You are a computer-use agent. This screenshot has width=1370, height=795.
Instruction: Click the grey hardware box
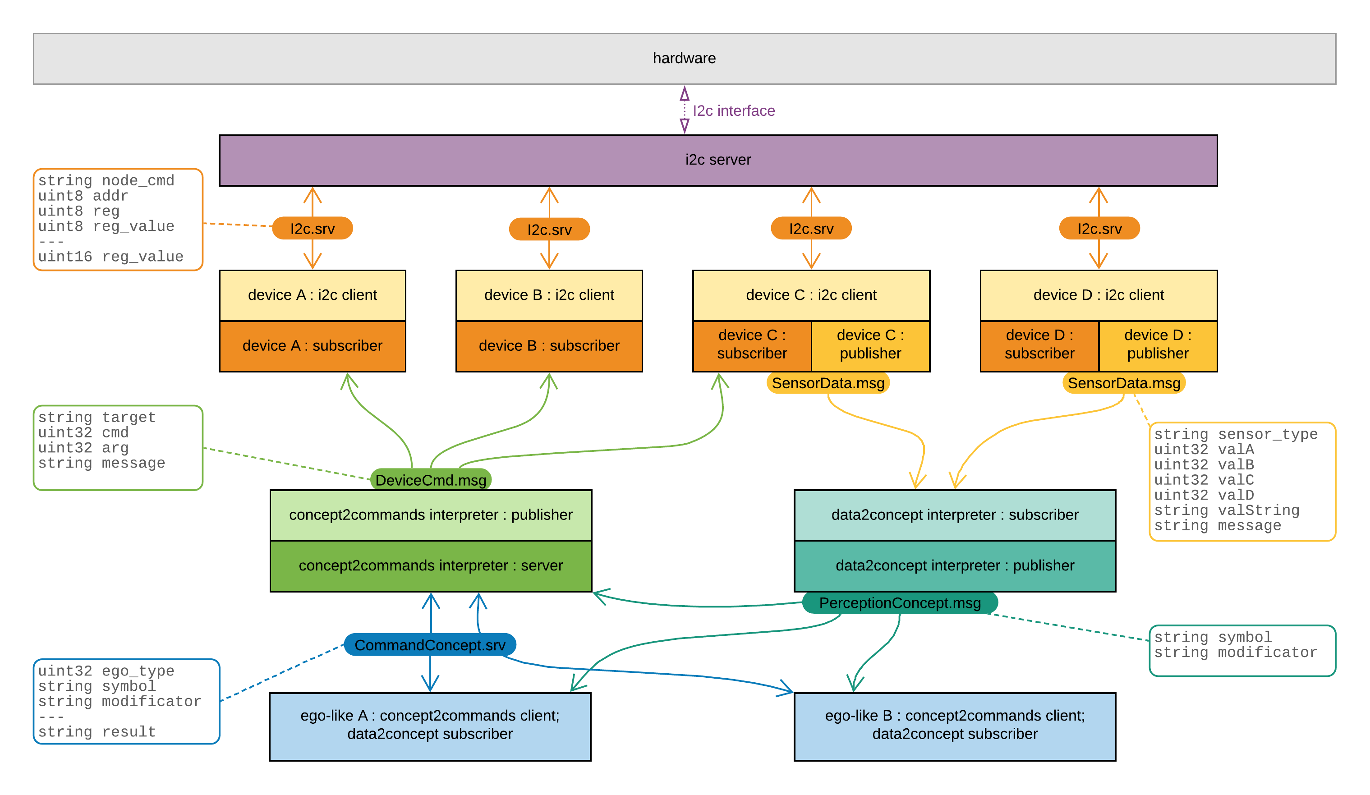[684, 59]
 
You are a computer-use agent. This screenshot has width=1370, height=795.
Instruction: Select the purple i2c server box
[717, 160]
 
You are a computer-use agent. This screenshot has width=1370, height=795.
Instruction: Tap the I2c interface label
[733, 111]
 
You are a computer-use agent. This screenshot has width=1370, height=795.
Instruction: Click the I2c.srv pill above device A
[312, 228]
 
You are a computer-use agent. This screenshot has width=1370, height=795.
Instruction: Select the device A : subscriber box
[312, 346]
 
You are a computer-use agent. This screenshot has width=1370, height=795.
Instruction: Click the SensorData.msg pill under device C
[828, 383]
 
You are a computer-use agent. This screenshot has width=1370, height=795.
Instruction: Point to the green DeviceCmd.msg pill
[431, 480]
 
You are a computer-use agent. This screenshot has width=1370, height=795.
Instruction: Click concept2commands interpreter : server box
[431, 565]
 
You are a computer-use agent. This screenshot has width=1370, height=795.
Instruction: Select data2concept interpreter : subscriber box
[954, 515]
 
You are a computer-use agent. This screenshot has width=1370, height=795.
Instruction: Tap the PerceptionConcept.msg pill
[899, 603]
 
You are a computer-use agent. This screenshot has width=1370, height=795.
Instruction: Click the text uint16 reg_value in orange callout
[110, 257]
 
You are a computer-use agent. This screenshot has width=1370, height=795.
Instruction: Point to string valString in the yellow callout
[1226, 510]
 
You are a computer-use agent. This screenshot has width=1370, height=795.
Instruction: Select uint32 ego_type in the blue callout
[106, 671]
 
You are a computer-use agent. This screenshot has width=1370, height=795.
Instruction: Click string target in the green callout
[97, 418]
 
